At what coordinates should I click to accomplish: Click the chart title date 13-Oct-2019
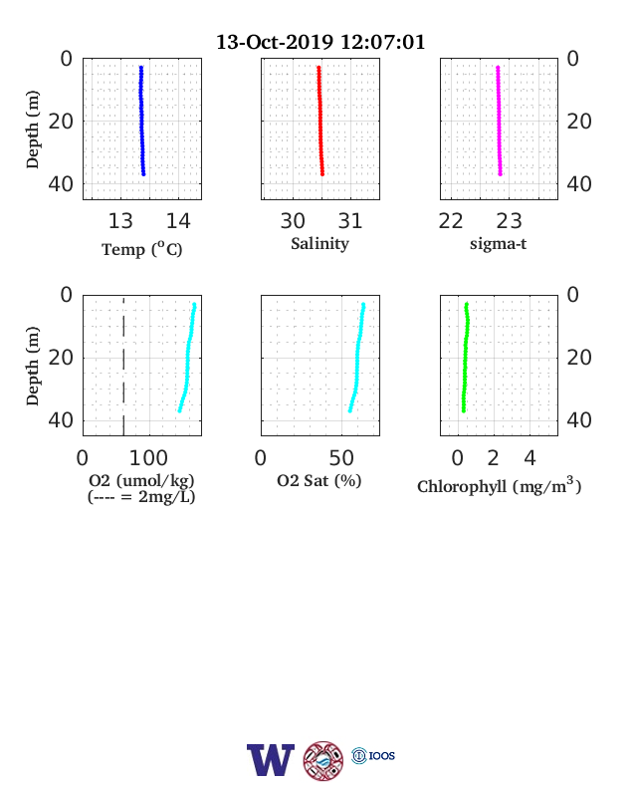coord(275,42)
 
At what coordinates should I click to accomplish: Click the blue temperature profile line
coord(142,121)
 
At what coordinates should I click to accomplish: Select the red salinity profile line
coord(320,121)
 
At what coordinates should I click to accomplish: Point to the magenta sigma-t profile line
coord(499,121)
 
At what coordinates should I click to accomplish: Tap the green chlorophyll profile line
coord(466,358)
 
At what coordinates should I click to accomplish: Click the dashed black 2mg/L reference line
coord(123,366)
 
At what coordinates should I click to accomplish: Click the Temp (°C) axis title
coord(142,249)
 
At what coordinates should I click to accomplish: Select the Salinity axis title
coord(320,244)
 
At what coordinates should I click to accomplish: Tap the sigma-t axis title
coord(498,244)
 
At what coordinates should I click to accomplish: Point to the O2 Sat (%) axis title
coord(319,480)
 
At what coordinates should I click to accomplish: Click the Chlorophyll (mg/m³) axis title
coord(499,485)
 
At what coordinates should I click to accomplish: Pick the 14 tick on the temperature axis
coord(178,221)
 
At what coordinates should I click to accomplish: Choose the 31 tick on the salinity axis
coord(350,221)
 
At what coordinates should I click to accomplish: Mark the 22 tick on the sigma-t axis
coord(451,221)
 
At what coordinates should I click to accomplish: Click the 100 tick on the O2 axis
coord(148,458)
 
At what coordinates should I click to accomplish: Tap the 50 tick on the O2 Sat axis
coord(341,458)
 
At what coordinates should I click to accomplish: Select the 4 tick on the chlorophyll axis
coord(530,458)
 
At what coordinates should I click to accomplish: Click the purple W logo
coord(271,759)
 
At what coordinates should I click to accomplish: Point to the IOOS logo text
coord(382,755)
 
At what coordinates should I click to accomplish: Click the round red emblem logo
coord(323,760)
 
